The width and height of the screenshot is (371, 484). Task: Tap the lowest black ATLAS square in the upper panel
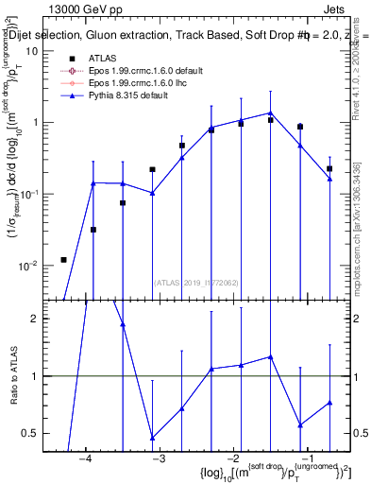(x=63, y=259)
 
